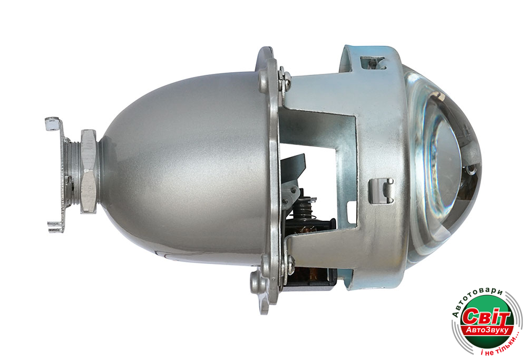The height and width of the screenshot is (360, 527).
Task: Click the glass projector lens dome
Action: (444, 168)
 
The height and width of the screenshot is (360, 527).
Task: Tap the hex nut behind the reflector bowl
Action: (89, 171)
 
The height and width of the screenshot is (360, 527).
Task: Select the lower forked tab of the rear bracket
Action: (55, 226)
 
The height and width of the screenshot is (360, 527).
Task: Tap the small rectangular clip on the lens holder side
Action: (381, 191)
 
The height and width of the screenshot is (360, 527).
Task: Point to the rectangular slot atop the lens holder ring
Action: (373, 63)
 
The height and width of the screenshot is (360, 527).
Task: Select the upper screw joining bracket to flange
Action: (286, 78)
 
